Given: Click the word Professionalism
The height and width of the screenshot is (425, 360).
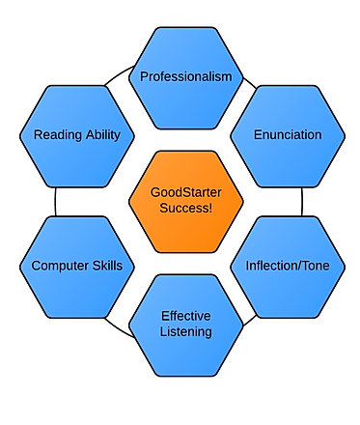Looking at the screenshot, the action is [x=186, y=76].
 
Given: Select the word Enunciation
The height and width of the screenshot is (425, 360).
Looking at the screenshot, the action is [x=288, y=134].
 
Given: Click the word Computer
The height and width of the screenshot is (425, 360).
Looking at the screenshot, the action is [x=60, y=266].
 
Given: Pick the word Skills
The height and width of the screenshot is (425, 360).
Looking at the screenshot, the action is [x=107, y=266].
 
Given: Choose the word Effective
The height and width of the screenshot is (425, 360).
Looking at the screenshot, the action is [x=186, y=316].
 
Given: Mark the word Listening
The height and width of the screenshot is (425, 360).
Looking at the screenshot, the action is [x=186, y=332].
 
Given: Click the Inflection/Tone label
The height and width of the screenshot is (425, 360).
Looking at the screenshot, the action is [x=288, y=266].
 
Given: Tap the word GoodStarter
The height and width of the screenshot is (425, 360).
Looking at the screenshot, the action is [x=186, y=192].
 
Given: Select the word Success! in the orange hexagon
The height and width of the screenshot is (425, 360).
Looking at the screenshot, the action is [x=186, y=208].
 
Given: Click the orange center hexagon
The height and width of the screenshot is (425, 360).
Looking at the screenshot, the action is [x=186, y=202].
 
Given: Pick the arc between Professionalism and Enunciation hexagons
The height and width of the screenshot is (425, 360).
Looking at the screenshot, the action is [x=250, y=83].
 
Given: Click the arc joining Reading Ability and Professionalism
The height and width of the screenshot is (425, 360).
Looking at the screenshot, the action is [x=119, y=74].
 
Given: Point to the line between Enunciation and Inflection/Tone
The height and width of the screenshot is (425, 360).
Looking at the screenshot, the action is [x=302, y=202].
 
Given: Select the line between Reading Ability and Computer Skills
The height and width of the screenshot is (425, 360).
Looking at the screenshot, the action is [x=55, y=202].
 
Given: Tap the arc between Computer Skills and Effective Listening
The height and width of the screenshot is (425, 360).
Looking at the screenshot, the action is [x=118, y=329].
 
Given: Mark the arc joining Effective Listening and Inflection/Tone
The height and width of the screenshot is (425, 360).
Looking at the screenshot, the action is [x=250, y=321].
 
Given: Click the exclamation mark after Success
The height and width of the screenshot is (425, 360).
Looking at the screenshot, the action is [x=210, y=208].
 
